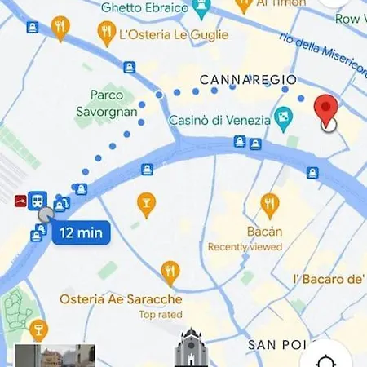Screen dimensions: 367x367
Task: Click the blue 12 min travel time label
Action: (x=82, y=232)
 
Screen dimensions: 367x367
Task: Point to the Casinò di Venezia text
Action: (x=219, y=120)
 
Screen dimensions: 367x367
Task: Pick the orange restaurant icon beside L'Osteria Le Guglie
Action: (x=105, y=33)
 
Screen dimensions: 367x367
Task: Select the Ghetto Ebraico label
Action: (x=144, y=8)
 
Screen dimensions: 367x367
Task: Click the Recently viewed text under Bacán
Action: (x=245, y=246)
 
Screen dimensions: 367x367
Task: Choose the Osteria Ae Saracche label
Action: (x=121, y=299)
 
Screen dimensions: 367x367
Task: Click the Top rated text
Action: (x=160, y=314)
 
